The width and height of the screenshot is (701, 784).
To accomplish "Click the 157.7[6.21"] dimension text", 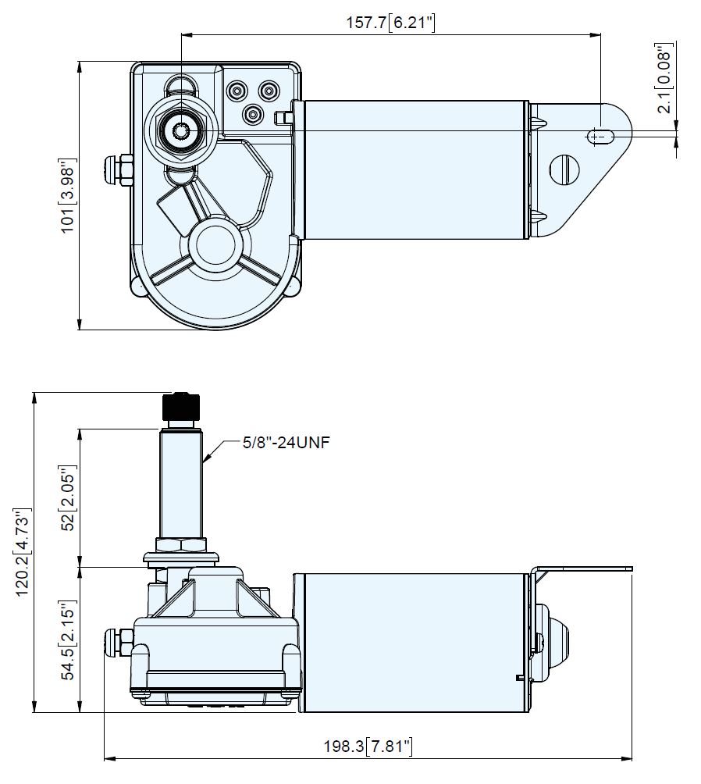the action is (x=390, y=23).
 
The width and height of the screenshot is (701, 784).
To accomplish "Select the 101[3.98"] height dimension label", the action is (x=67, y=195).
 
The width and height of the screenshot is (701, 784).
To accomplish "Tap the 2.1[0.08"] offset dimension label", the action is (x=664, y=79).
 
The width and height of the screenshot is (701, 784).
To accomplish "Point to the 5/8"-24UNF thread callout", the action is (x=286, y=443).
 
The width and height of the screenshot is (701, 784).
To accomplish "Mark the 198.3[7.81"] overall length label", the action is (x=368, y=747).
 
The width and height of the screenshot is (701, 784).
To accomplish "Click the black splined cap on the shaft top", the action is (x=180, y=408).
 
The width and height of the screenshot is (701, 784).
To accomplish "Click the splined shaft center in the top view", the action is (x=180, y=131).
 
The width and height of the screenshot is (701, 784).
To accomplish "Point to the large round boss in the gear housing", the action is (x=215, y=244).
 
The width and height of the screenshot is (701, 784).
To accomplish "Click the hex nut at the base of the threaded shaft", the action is (x=180, y=545).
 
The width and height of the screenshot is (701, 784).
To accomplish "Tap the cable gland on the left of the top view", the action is (x=118, y=170).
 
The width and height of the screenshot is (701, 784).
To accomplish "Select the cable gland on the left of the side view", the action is (x=118, y=644).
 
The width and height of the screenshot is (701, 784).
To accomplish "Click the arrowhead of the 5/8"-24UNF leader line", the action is (x=206, y=457).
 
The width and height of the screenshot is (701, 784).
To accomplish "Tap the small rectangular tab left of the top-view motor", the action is (x=283, y=117).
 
